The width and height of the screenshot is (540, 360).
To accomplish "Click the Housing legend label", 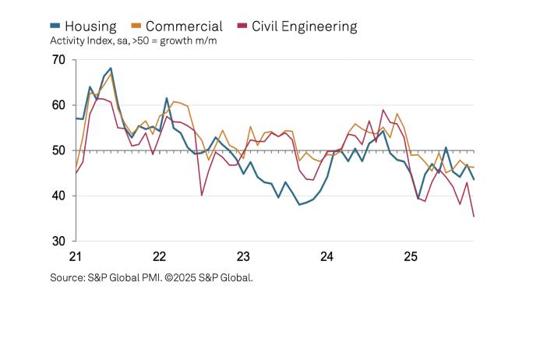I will pos(90,26).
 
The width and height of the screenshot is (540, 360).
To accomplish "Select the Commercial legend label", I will pos(184,26).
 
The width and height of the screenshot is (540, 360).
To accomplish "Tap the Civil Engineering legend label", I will pos(303,26).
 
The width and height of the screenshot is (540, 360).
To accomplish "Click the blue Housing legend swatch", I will pos(55,26).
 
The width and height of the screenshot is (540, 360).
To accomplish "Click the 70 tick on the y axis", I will pos(58,60).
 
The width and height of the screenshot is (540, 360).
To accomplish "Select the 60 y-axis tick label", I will pos(58,105).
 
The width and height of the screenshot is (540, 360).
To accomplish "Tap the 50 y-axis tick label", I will pos(58,150).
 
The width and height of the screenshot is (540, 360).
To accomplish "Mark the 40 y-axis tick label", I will pos(58,196).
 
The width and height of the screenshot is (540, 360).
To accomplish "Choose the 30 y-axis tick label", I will pos(58,242).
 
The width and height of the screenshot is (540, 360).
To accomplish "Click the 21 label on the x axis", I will pos(76,256).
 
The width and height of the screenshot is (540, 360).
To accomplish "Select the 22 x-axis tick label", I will pos(160,256).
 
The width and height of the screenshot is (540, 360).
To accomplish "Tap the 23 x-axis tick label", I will pos(243,256).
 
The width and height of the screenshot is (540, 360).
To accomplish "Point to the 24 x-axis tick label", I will pos(327,256).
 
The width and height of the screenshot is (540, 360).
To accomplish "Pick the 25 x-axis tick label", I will pos(411,256).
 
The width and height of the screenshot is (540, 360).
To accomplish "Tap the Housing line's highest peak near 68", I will pos(111,69).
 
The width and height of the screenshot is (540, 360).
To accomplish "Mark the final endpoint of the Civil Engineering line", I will pos(474,217).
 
